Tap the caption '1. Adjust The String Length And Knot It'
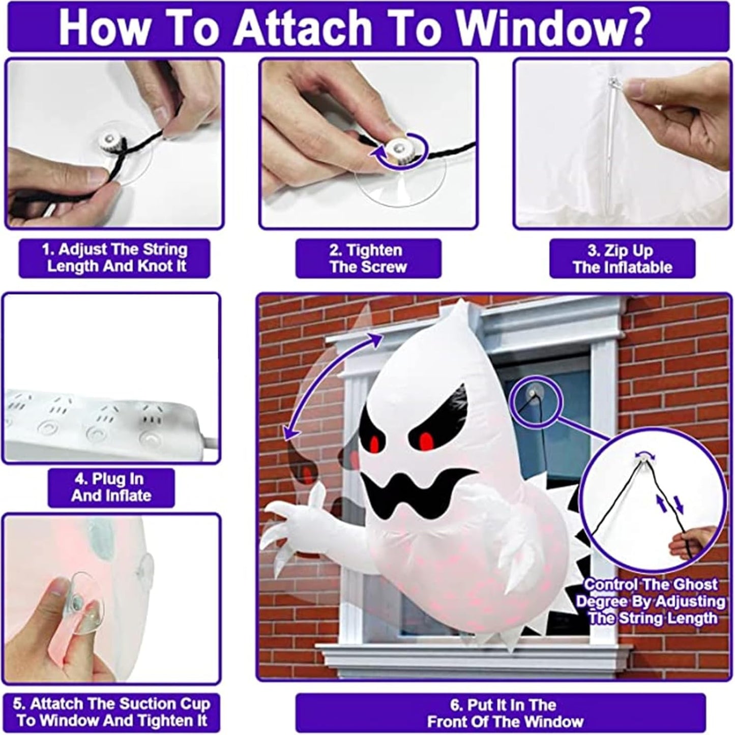(x=114, y=258)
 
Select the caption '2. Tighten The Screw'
(x=368, y=258)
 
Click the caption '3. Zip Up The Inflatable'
(x=622, y=259)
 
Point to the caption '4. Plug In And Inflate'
(x=111, y=487)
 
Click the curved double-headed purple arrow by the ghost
(x=326, y=387)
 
